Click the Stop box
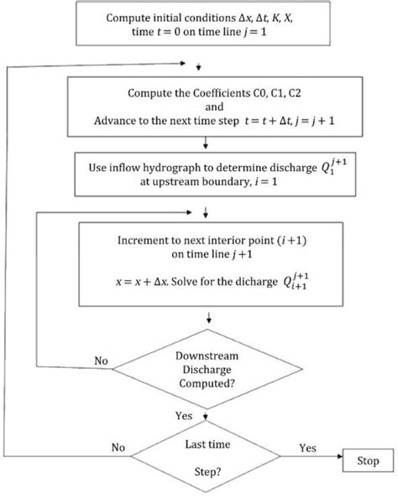367,460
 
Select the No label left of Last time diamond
118,448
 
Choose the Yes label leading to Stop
308,449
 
